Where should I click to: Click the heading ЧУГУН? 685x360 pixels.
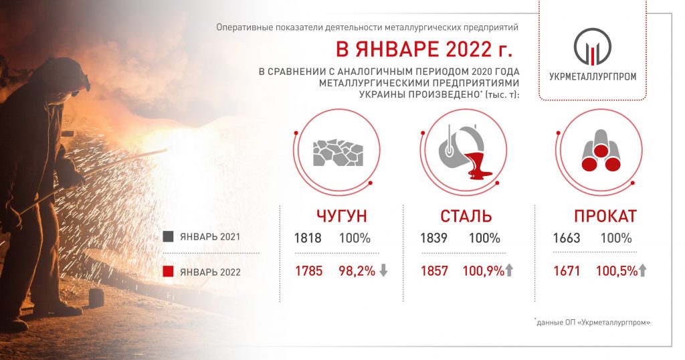pyautogui.click(x=342, y=216)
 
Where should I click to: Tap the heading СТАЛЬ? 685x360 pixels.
pyautogui.click(x=466, y=216)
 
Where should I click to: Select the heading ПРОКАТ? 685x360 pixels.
pyautogui.click(x=605, y=216)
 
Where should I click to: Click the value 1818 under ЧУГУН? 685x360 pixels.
pyautogui.click(x=308, y=238)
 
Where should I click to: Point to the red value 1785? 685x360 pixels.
pyautogui.click(x=308, y=271)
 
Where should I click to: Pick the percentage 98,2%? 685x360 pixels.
pyautogui.click(x=357, y=271)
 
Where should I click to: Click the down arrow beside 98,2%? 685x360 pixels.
pyautogui.click(x=383, y=270)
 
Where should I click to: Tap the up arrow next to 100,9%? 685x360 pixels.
pyautogui.click(x=509, y=270)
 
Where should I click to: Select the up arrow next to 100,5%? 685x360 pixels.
pyautogui.click(x=642, y=270)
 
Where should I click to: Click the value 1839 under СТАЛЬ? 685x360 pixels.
pyautogui.click(x=433, y=238)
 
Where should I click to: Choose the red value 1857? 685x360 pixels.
pyautogui.click(x=434, y=271)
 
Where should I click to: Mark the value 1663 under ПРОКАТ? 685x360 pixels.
pyautogui.click(x=567, y=238)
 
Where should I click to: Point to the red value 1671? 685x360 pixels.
pyautogui.click(x=567, y=271)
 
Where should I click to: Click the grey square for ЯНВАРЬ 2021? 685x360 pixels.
pyautogui.click(x=168, y=236)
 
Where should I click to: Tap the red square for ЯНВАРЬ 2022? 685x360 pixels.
pyautogui.click(x=168, y=271)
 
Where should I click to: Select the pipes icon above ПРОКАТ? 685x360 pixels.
pyautogui.click(x=601, y=151)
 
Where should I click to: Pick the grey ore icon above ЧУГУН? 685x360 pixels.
pyautogui.click(x=338, y=153)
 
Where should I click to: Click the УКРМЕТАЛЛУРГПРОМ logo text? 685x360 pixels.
pyautogui.click(x=593, y=76)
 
